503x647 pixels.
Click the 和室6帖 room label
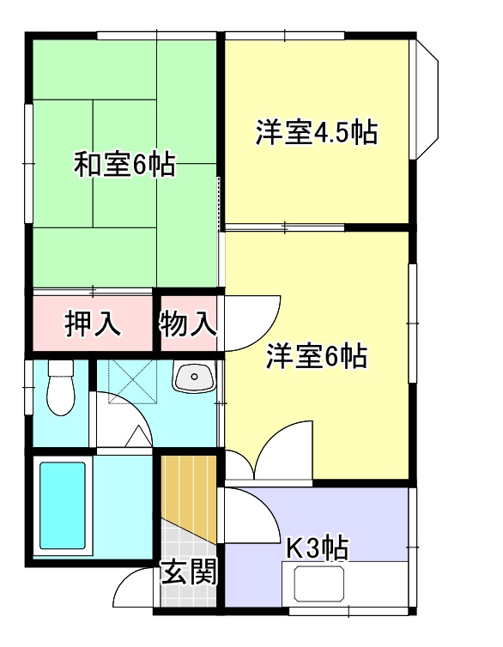click(124, 163)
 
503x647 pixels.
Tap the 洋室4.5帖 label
click(316, 134)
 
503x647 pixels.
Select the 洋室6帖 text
click(316, 355)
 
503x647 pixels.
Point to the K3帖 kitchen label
click(316, 548)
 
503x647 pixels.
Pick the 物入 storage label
click(188, 324)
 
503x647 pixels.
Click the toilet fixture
click(60, 390)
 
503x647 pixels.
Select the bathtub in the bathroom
click(62, 506)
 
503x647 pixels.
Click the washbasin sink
click(192, 378)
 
